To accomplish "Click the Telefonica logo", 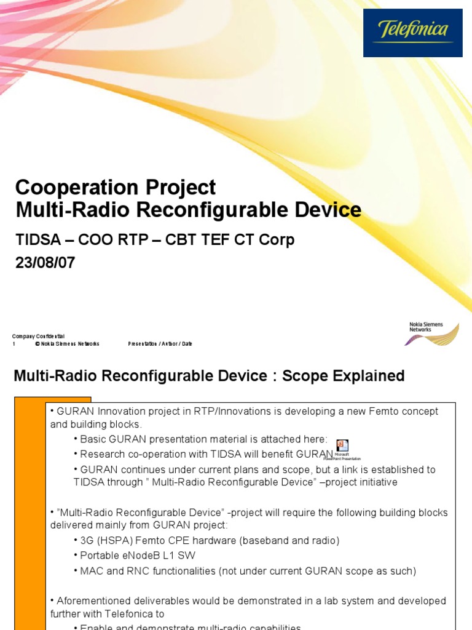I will [413, 33].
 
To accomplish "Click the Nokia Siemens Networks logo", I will [434, 333].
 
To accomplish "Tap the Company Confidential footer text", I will [38, 336].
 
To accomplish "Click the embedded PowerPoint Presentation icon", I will [342, 447].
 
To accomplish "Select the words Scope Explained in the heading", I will [343, 376].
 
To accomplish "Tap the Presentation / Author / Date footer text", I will [160, 344].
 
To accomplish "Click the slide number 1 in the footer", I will [14, 344].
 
